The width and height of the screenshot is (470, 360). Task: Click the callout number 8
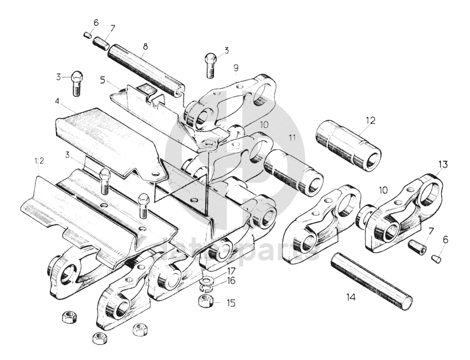(145, 45)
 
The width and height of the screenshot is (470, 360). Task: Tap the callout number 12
(370, 121)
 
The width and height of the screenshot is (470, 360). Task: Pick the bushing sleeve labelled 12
(349, 145)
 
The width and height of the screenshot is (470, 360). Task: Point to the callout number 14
(351, 297)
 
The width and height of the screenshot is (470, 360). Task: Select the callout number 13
(443, 163)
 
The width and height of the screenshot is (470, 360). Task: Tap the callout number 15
(231, 303)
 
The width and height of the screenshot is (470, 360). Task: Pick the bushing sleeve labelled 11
(292, 172)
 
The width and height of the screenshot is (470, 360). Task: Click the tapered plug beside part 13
(438, 257)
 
